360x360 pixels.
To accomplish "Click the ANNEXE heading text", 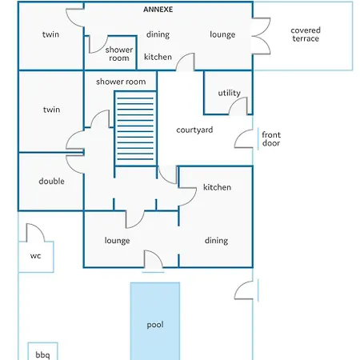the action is point(158,10).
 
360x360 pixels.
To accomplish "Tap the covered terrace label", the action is point(306,34).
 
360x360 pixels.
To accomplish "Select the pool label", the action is point(155,325).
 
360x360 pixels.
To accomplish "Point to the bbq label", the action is point(42,355).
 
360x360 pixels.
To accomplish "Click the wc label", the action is point(35,256).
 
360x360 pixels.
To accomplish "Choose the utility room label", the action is point(230,93).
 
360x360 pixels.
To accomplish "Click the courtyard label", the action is point(194,130).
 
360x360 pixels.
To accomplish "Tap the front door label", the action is point(271,139).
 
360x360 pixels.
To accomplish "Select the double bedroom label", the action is point(51,181).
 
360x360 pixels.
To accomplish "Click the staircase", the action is point(135,129).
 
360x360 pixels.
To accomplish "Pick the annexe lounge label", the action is point(222,34).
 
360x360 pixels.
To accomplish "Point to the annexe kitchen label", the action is point(158,57).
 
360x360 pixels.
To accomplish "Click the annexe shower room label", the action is point(119,54).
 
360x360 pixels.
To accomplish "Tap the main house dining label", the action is point(216,241).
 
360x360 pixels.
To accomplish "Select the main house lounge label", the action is point(117,241).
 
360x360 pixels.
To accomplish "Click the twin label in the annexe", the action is point(50,34).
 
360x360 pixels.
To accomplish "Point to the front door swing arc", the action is point(238,134).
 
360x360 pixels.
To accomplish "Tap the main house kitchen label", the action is point(217,187).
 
